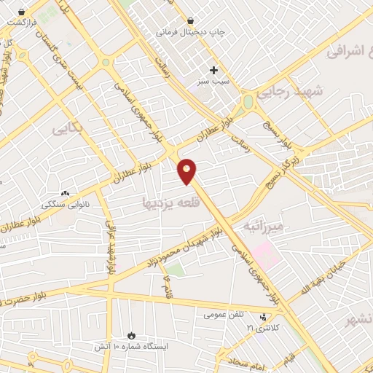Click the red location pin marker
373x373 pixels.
click(188, 170)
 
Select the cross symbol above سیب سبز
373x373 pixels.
click(213, 70)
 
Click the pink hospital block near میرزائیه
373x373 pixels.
click(265, 256)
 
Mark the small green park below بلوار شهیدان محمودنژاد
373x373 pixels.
click(174, 271)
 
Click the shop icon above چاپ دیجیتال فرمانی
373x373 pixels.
click(190, 20)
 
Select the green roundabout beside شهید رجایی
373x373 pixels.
click(248, 101)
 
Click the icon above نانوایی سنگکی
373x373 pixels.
click(66, 193)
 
